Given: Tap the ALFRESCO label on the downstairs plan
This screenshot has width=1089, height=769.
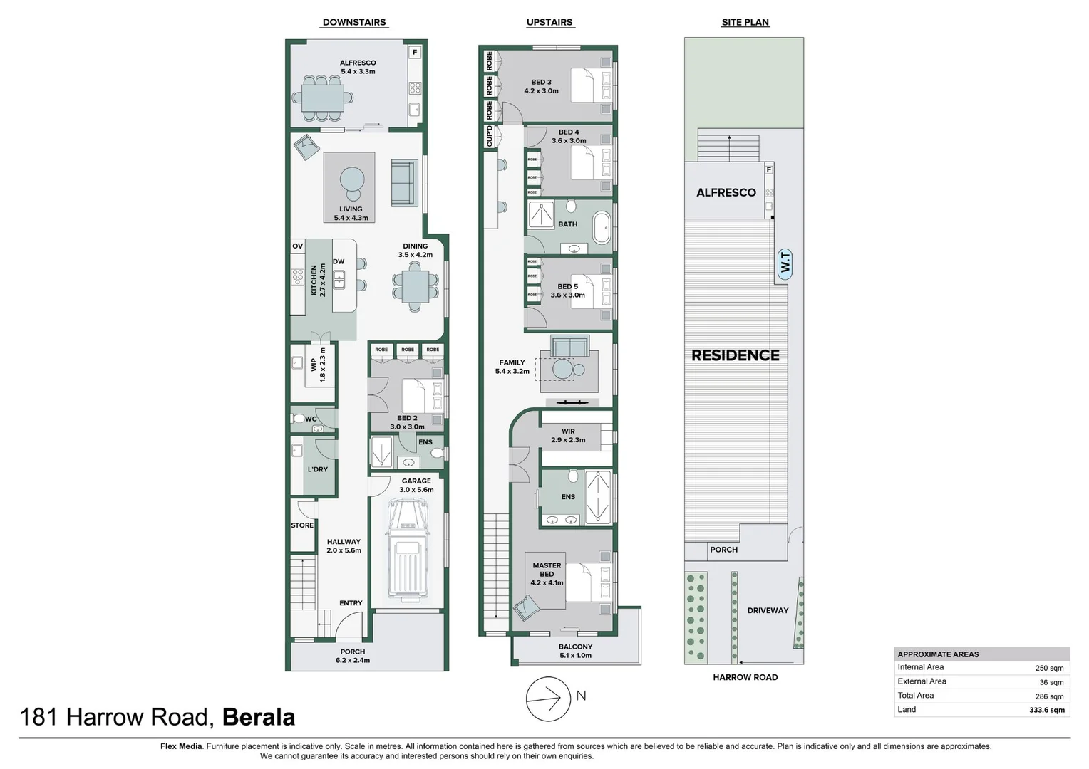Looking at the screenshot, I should (x=358, y=63).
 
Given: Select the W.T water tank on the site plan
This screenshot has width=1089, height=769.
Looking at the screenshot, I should (x=785, y=263).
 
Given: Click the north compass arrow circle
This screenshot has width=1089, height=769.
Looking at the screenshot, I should (x=548, y=699).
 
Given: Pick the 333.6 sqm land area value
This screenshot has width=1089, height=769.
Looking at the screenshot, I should (x=1046, y=710).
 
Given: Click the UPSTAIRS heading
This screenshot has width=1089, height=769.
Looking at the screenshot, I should (x=549, y=22).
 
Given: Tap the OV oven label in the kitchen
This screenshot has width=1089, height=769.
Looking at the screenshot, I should (x=297, y=246).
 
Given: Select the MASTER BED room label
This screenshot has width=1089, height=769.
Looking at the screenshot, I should (x=547, y=570).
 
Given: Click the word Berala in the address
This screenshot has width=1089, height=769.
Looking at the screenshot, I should (x=259, y=717).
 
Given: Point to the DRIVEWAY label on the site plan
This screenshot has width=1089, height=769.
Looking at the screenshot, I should (x=768, y=610).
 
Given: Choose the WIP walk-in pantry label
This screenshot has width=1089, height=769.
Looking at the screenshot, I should (x=314, y=365).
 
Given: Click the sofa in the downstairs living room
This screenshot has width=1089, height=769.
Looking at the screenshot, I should (x=404, y=184).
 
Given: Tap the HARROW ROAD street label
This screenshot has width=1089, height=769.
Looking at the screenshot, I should (x=745, y=677).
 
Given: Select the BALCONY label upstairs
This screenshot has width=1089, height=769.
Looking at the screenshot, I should (x=575, y=647).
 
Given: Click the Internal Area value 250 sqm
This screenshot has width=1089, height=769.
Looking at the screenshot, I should (x=1048, y=668).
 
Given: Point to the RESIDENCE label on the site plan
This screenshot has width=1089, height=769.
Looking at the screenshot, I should (x=735, y=355).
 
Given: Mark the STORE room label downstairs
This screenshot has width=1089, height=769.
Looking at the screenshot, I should (x=302, y=525).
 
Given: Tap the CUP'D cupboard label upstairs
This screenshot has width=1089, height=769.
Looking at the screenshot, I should (x=489, y=136).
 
